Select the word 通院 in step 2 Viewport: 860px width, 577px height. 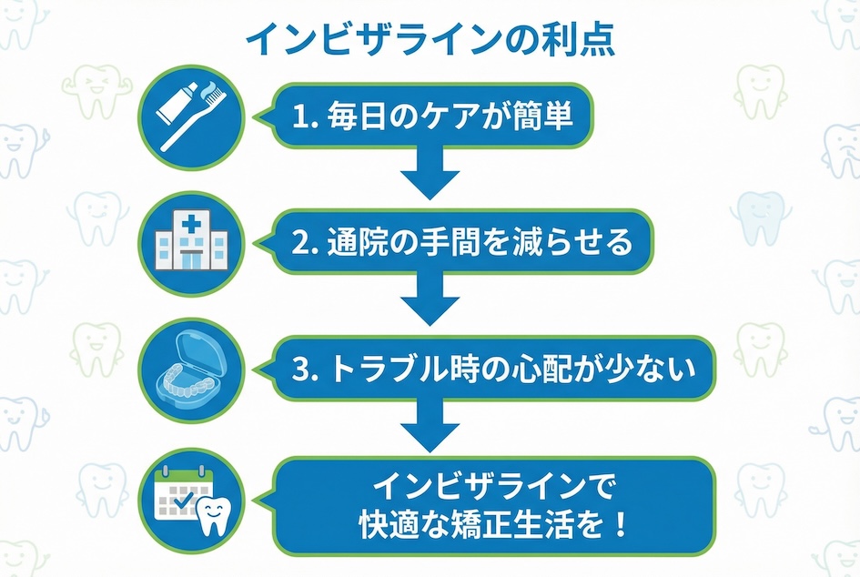pos(356,243)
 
